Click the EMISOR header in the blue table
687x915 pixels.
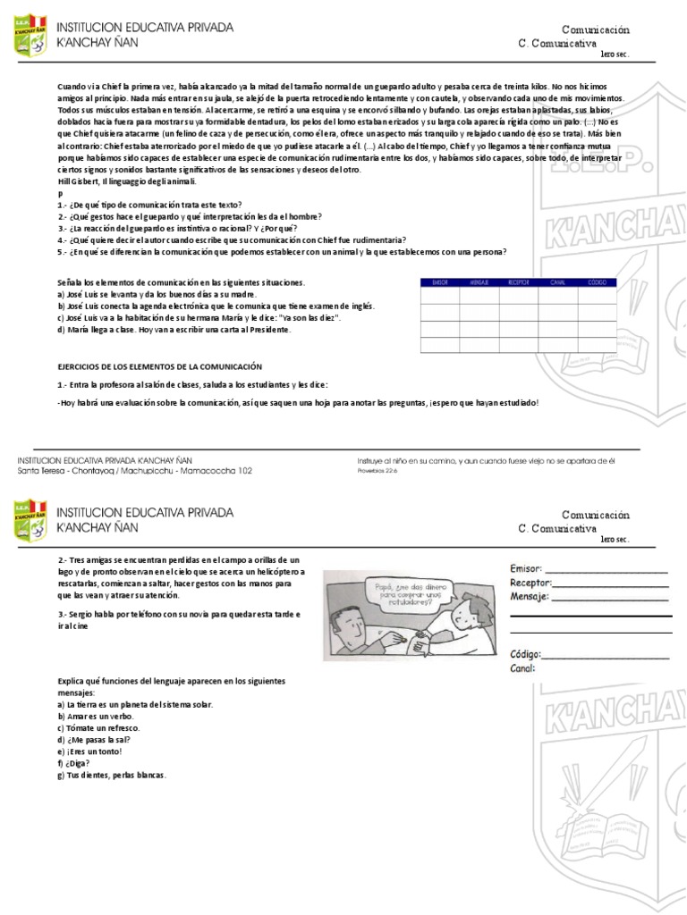[439, 281]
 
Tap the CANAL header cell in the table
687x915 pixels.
[557, 281]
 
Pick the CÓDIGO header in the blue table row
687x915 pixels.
[597, 281]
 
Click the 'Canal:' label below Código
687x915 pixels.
[522, 667]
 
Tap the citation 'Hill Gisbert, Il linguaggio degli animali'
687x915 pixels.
[119, 180]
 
